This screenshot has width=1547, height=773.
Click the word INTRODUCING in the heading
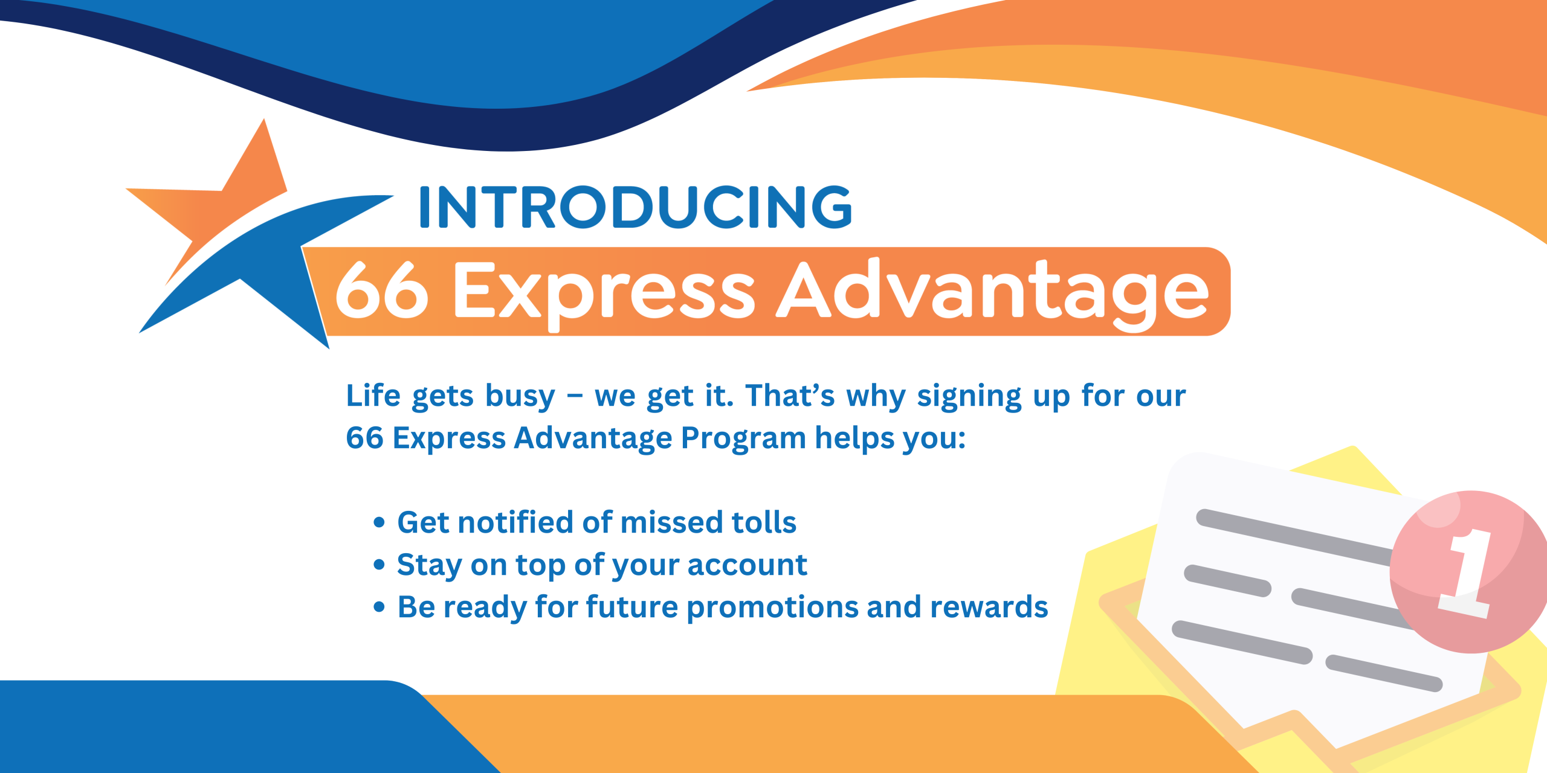[x=635, y=207]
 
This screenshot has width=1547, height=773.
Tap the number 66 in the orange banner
[x=382, y=290]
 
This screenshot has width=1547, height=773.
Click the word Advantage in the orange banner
[x=993, y=293]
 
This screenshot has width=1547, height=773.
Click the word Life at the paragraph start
[x=373, y=396]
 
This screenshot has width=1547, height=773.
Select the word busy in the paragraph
[x=520, y=397]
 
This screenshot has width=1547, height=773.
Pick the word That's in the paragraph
[x=790, y=396]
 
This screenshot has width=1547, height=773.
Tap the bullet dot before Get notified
[x=379, y=522]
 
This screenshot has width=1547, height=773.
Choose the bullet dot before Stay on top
[x=379, y=565]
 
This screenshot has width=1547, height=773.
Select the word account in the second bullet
[x=747, y=566]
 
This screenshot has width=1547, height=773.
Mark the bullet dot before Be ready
[x=379, y=607]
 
